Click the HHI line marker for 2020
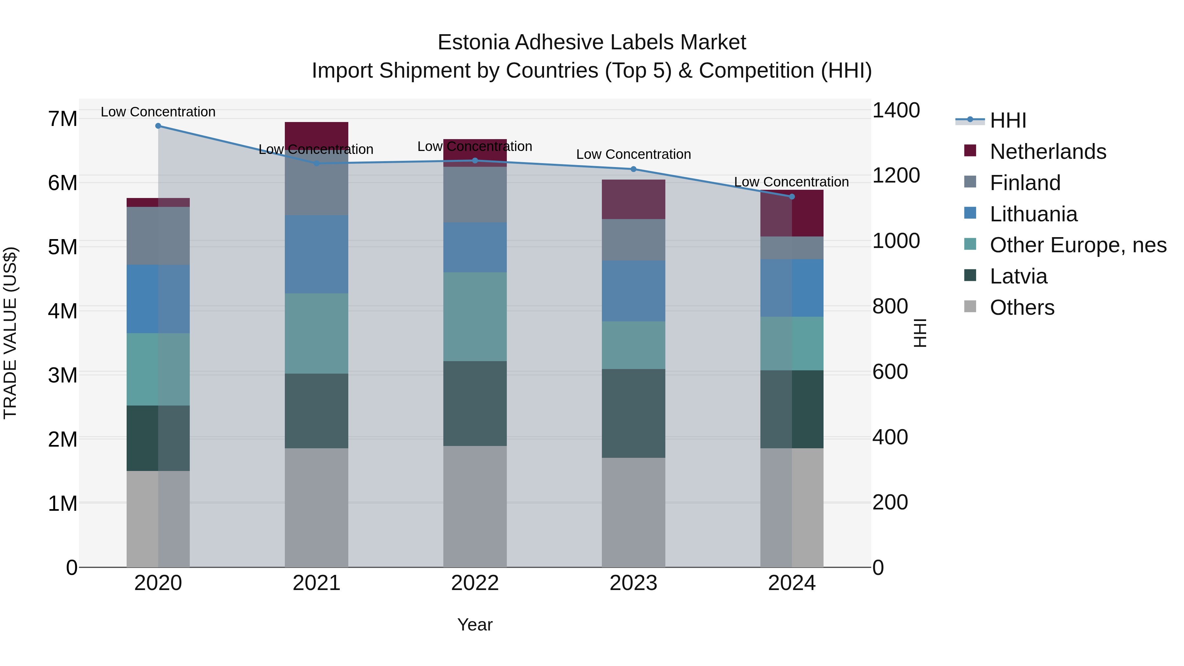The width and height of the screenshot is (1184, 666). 158,126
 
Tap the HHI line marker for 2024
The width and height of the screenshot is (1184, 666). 792,197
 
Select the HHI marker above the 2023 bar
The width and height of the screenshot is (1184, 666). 633,169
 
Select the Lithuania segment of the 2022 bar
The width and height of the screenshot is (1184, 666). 475,247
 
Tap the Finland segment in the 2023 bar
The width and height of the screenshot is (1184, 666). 633,240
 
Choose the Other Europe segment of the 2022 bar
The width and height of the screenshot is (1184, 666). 475,317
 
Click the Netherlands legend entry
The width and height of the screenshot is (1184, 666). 1048,152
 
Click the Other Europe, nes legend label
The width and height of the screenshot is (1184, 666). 1078,245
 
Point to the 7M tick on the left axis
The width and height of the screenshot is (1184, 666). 62,119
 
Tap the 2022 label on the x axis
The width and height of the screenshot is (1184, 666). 475,583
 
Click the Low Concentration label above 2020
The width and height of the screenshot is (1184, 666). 158,112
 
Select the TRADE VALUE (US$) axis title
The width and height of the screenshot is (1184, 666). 10,333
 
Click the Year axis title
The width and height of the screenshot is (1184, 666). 475,625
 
